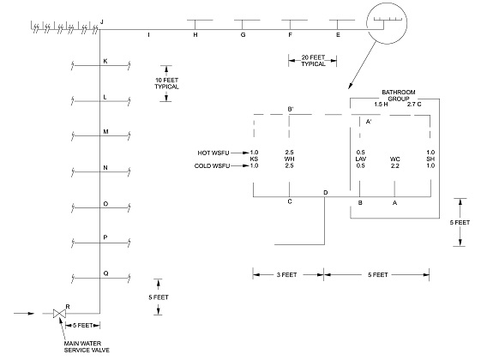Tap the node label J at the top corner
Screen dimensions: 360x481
click(101, 20)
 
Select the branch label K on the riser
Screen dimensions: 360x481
click(105, 61)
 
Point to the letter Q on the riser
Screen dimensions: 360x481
click(105, 273)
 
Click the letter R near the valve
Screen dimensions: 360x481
click(68, 306)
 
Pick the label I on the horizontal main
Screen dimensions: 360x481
click(148, 35)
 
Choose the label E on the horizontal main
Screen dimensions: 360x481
click(338, 35)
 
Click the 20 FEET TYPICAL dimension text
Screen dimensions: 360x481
click(312, 60)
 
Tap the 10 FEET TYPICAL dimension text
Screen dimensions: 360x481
click(166, 83)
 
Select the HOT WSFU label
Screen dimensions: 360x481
click(214, 153)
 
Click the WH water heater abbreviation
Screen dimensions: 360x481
click(290, 159)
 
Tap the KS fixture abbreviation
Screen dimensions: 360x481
click(254, 159)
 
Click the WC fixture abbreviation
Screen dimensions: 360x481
click(395, 159)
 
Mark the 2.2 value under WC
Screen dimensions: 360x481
click(395, 165)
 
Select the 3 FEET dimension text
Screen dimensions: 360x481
click(287, 274)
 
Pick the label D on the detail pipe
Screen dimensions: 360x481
click(325, 192)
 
